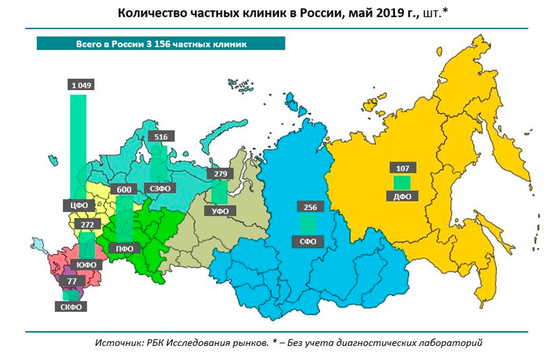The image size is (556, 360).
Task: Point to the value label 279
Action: pos(221,175)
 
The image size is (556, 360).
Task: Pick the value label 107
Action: pos(402,168)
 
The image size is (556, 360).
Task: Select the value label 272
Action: pos(85,225)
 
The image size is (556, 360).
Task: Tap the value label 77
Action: pos(71,283)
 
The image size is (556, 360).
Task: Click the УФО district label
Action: pos(221,210)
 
